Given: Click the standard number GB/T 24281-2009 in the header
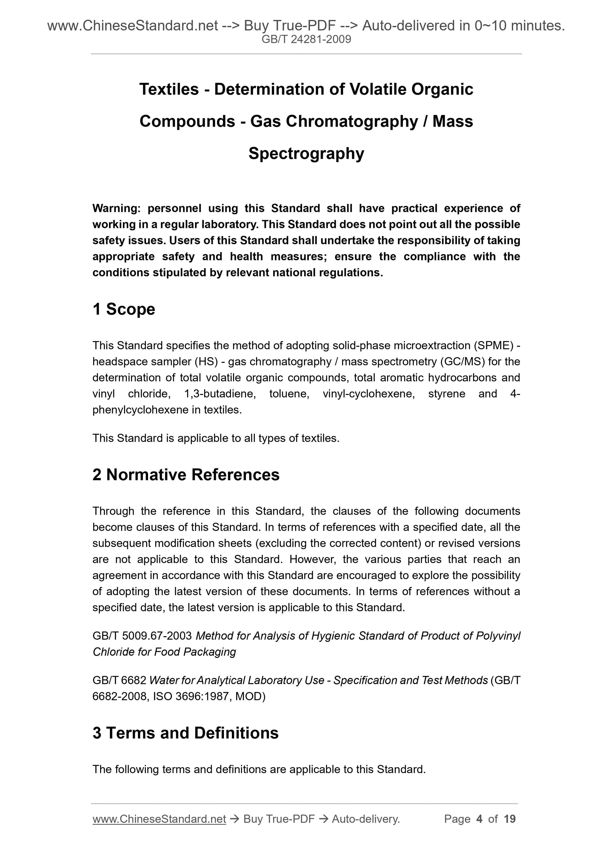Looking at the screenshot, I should click(306, 39).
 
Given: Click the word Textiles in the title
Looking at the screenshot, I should click(169, 89).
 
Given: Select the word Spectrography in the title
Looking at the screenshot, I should click(306, 153).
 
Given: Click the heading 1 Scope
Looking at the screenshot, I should click(124, 309).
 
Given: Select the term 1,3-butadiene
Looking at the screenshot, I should click(220, 394).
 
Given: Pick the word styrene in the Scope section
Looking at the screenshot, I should click(446, 394).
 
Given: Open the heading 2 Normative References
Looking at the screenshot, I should click(186, 475).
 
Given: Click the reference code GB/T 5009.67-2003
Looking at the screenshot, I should click(142, 636).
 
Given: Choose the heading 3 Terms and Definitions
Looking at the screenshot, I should click(186, 733).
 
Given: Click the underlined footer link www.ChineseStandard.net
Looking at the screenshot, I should click(159, 819).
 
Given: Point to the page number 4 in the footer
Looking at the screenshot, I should click(480, 819).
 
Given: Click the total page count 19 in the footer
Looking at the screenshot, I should click(509, 819).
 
